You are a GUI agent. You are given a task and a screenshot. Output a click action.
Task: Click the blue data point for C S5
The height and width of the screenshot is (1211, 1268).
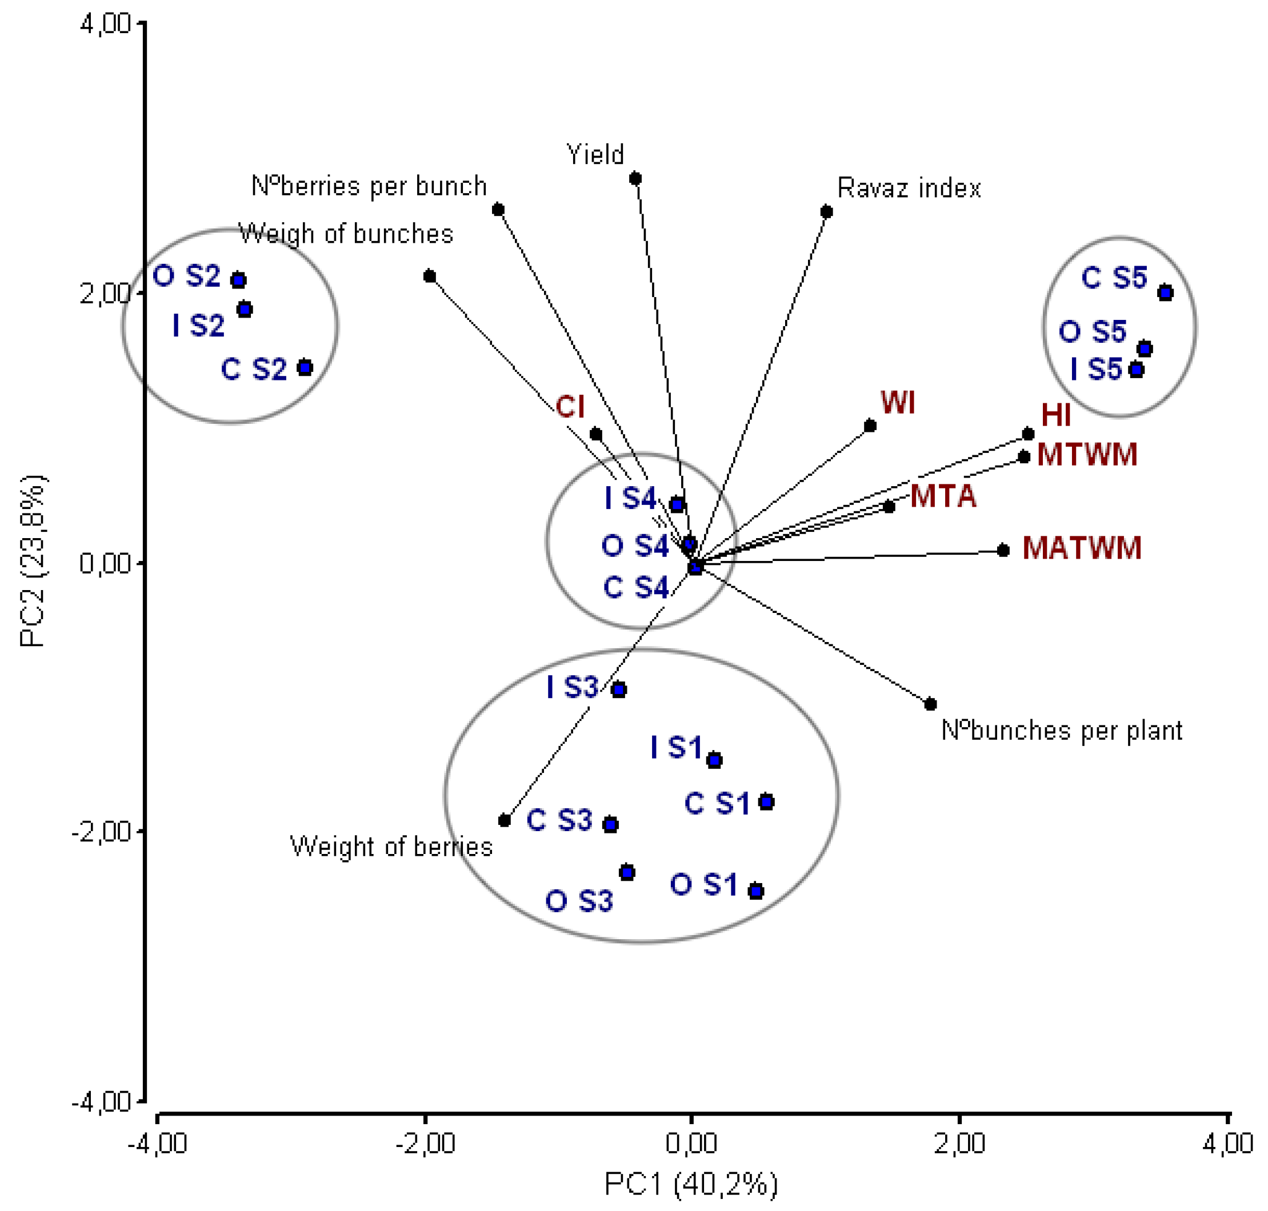pyautogui.click(x=1165, y=293)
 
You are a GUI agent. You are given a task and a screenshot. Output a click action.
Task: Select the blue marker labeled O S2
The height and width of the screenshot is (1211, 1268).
pyautogui.click(x=239, y=280)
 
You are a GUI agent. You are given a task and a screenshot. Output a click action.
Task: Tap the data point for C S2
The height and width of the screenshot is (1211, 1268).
pyautogui.click(x=305, y=368)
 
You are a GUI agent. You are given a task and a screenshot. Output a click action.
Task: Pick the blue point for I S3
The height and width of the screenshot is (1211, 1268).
pyautogui.click(x=618, y=690)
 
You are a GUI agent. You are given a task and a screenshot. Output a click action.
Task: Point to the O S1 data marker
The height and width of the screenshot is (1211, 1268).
pyautogui.click(x=755, y=892)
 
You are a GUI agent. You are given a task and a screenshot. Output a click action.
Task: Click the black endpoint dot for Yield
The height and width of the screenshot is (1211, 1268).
pyautogui.click(x=635, y=179)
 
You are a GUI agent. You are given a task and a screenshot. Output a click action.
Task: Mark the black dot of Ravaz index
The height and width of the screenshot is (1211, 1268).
pyautogui.click(x=826, y=212)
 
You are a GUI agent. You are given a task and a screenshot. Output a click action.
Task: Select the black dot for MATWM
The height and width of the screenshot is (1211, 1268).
pyautogui.click(x=1003, y=551)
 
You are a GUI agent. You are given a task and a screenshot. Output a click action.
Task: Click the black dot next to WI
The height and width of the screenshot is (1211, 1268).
pyautogui.click(x=870, y=426)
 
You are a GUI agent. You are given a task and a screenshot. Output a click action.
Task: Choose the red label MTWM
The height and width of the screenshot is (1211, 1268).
pyautogui.click(x=1087, y=455)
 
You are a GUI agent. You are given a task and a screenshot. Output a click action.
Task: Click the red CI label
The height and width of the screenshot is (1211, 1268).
pyautogui.click(x=570, y=407)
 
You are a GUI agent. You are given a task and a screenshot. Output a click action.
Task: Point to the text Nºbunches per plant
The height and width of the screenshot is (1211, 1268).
pyautogui.click(x=1061, y=731)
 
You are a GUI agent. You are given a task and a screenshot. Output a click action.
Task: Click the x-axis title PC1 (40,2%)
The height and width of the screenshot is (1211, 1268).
pyautogui.click(x=691, y=1184)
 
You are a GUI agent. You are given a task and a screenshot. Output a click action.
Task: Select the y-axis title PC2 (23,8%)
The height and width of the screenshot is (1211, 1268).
pyautogui.click(x=32, y=562)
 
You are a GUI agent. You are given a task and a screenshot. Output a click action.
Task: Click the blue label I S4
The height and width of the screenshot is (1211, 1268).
pyautogui.click(x=630, y=498)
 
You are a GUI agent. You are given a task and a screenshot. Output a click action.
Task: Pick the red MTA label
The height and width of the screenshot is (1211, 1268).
pyautogui.click(x=943, y=496)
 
